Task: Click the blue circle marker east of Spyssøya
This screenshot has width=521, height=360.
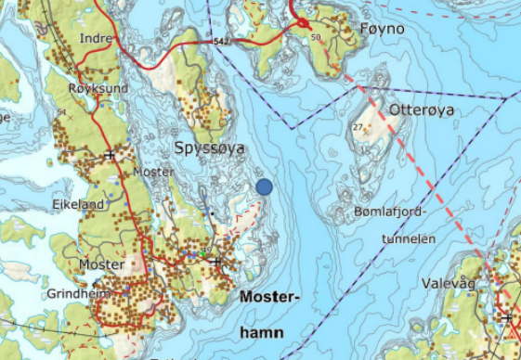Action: pos(264,186)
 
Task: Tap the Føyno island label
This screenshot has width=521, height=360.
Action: pos(381,30)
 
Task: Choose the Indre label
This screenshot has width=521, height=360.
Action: pos(97,38)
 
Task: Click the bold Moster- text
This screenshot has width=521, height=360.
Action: pos(270,298)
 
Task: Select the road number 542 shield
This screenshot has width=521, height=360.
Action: pos(221,42)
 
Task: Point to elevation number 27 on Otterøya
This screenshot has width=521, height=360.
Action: pos(357,127)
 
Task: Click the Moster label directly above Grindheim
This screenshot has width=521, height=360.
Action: pos(101,264)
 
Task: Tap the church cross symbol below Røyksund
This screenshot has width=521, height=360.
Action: pos(110,154)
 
